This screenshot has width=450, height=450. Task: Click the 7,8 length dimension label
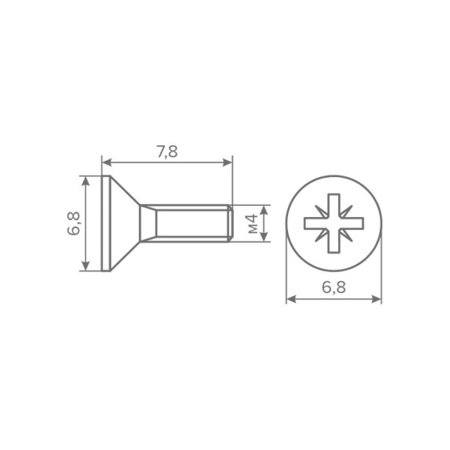click(167, 152)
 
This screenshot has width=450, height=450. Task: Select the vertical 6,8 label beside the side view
click(73, 223)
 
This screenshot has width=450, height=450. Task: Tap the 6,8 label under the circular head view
click(334, 287)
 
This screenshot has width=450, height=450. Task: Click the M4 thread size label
click(253, 224)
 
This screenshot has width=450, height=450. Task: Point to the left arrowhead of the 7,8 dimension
click(107, 163)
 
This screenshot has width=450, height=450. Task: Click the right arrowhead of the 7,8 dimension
click(227, 163)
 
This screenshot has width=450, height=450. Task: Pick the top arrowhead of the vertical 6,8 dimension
click(85, 181)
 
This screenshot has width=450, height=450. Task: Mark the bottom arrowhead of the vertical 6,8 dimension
click(85, 266)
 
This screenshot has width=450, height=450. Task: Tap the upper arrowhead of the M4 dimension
click(264, 211)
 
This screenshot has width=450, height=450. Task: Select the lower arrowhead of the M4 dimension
click(264, 236)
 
